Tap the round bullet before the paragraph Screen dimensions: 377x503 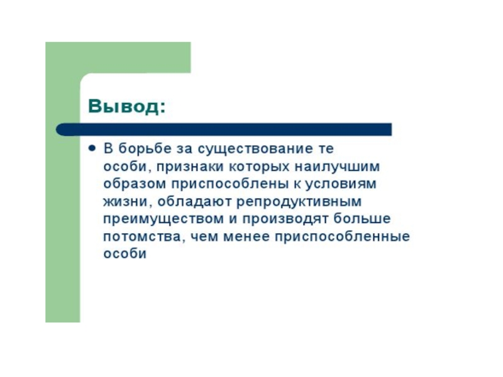pos(92,150)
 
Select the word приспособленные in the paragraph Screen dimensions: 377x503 pos(352,238)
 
